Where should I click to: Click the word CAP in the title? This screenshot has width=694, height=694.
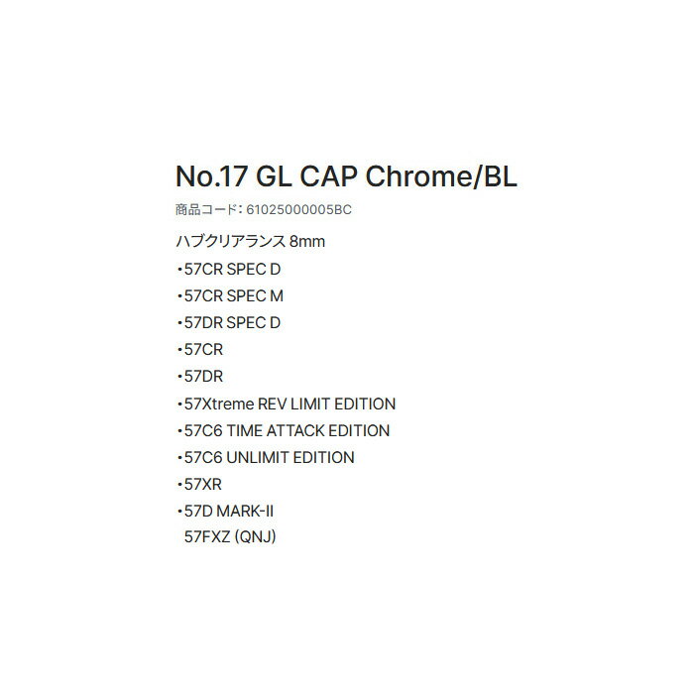click(x=328, y=176)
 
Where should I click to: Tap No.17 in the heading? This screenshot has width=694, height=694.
click(x=211, y=176)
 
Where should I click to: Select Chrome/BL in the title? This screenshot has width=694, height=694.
click(x=441, y=176)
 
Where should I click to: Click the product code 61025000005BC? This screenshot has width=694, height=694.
click(x=298, y=209)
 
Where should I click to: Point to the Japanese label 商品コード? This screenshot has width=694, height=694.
click(x=206, y=209)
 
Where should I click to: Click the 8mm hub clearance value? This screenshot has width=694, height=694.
click(x=307, y=242)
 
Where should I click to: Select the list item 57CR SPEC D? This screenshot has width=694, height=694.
click(x=232, y=269)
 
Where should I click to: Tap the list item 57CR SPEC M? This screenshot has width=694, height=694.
click(x=234, y=296)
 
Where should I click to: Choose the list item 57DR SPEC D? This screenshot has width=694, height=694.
click(x=232, y=323)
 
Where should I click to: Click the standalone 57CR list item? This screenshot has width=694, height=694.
click(x=203, y=350)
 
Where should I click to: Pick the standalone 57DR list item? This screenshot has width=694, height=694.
click(x=203, y=377)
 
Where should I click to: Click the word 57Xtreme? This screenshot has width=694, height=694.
click(x=219, y=404)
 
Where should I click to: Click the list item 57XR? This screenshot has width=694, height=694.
click(x=202, y=484)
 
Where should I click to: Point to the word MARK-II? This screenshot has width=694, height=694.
click(x=245, y=512)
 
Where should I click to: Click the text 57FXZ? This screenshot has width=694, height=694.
click(x=206, y=537)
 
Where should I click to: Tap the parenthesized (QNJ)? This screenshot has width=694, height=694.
click(x=255, y=537)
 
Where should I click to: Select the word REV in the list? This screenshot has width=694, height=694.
click(x=273, y=404)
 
